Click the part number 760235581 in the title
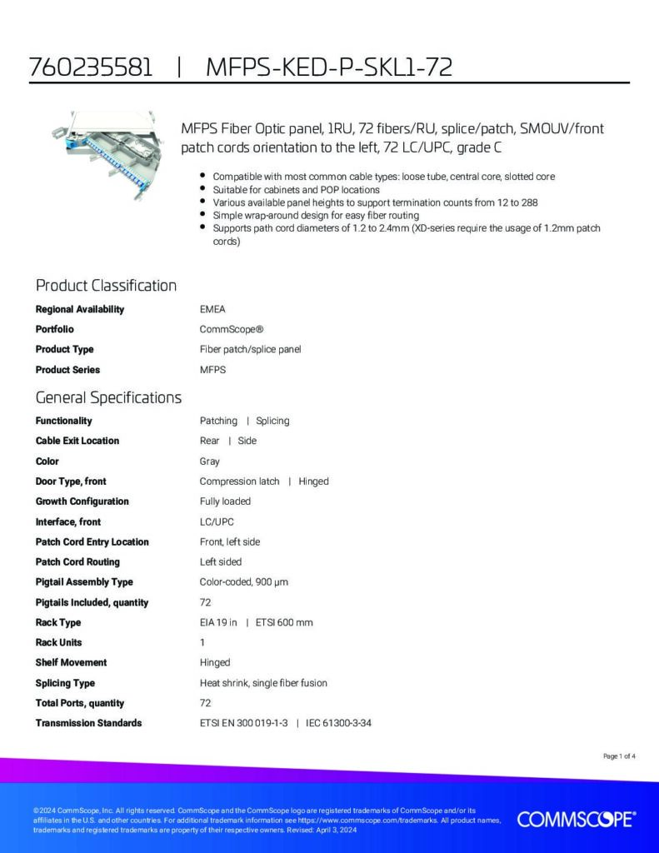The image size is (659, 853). click(x=91, y=67)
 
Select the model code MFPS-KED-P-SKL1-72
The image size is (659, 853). click(x=328, y=67)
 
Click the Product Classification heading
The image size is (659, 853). click(x=106, y=286)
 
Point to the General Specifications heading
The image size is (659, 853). click(x=108, y=397)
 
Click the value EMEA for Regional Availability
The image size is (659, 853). click(x=212, y=309)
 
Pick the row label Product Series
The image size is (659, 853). click(x=67, y=370)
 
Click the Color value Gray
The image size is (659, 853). click(x=210, y=461)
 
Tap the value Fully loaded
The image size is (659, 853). click(x=225, y=501)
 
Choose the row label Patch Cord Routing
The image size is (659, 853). click(x=77, y=562)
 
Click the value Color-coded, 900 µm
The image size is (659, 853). click(x=244, y=582)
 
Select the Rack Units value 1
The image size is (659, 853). click(x=202, y=642)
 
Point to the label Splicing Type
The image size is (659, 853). click(x=65, y=683)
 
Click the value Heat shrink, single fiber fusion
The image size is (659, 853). click(x=263, y=683)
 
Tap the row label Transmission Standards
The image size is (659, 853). click(x=88, y=723)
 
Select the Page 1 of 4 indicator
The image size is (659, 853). click(x=619, y=756)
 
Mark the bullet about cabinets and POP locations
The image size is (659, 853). click(x=296, y=190)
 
